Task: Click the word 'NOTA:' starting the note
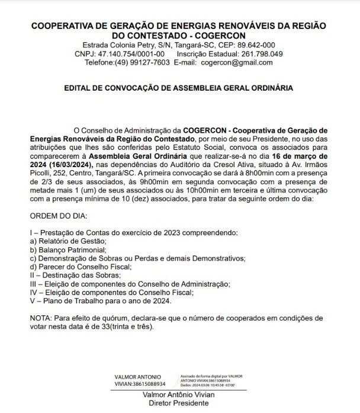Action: (x=41, y=318)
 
